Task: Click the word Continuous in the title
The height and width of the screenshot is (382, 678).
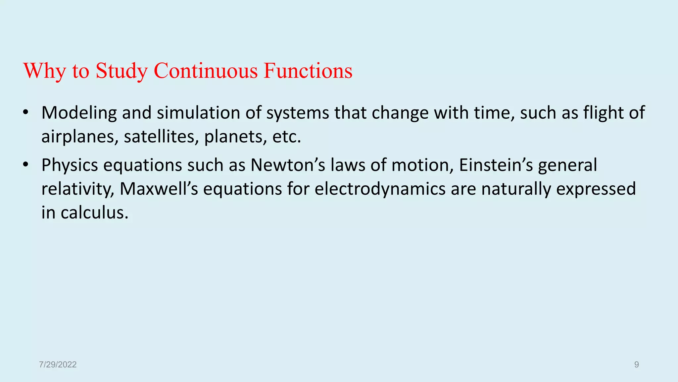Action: click(x=206, y=71)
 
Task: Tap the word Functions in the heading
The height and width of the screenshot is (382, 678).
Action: click(x=308, y=71)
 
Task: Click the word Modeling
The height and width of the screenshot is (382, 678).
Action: click(x=79, y=113)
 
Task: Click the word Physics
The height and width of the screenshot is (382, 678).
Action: click(x=70, y=165)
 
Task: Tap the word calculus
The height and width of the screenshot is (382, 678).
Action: click(x=94, y=213)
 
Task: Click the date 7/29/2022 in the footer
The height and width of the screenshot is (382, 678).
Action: click(x=58, y=365)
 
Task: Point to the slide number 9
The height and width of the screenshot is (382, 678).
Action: click(x=636, y=365)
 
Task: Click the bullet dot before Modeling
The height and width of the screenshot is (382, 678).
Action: click(x=26, y=112)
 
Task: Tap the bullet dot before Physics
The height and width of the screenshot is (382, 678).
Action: click(x=26, y=164)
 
